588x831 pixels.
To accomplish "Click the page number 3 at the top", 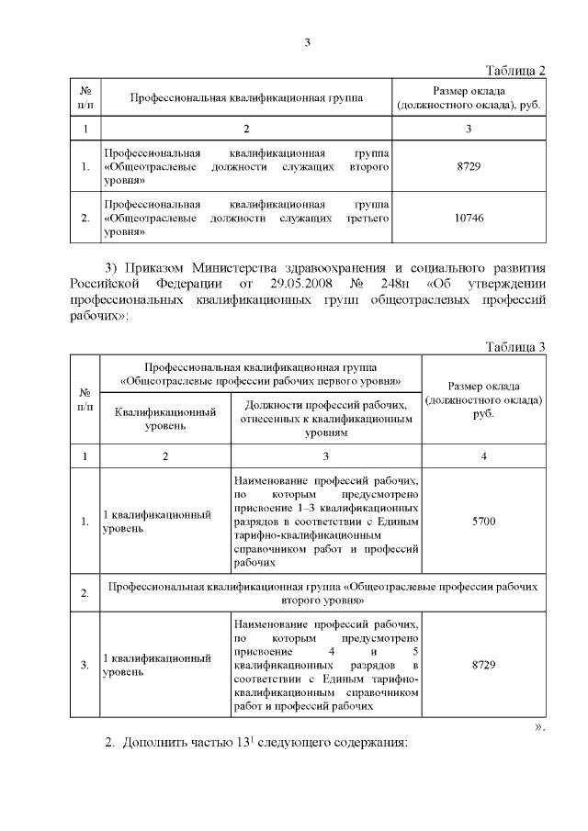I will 309,42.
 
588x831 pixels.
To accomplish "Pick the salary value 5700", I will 482,522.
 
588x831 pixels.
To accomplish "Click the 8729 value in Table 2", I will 469,167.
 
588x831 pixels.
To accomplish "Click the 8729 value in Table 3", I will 482,663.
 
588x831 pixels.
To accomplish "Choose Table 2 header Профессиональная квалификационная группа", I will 245,96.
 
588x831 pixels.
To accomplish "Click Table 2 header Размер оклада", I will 469,96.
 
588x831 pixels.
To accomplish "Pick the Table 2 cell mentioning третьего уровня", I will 245,218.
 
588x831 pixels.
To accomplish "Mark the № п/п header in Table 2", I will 85,96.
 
